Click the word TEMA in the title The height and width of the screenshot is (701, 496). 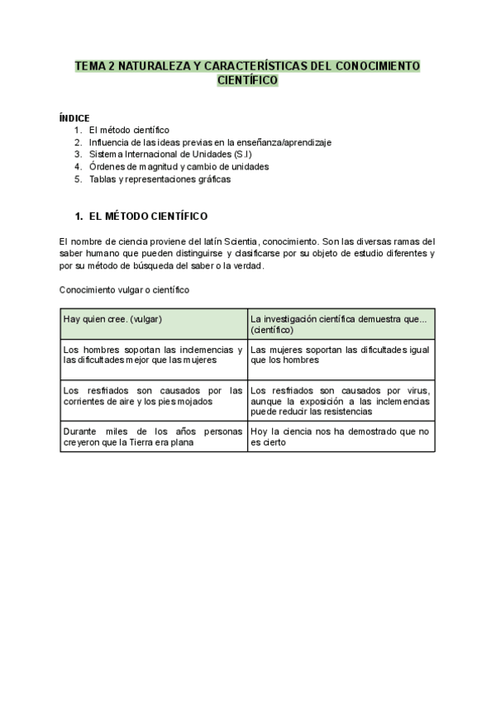[x=89, y=64]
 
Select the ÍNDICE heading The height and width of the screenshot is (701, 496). [x=74, y=118]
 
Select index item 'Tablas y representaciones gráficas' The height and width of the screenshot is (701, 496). [x=159, y=179]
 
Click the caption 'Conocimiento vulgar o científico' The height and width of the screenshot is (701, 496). [x=125, y=290]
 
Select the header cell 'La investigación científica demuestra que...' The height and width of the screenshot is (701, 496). [x=339, y=323]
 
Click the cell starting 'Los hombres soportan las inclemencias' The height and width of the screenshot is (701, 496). [x=153, y=355]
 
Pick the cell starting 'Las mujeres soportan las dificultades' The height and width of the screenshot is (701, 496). [x=340, y=355]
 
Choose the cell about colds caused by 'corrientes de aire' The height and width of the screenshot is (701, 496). [x=153, y=396]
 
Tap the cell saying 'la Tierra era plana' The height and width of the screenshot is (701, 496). [x=153, y=437]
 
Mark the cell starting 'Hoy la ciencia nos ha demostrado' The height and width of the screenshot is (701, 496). [x=340, y=437]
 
